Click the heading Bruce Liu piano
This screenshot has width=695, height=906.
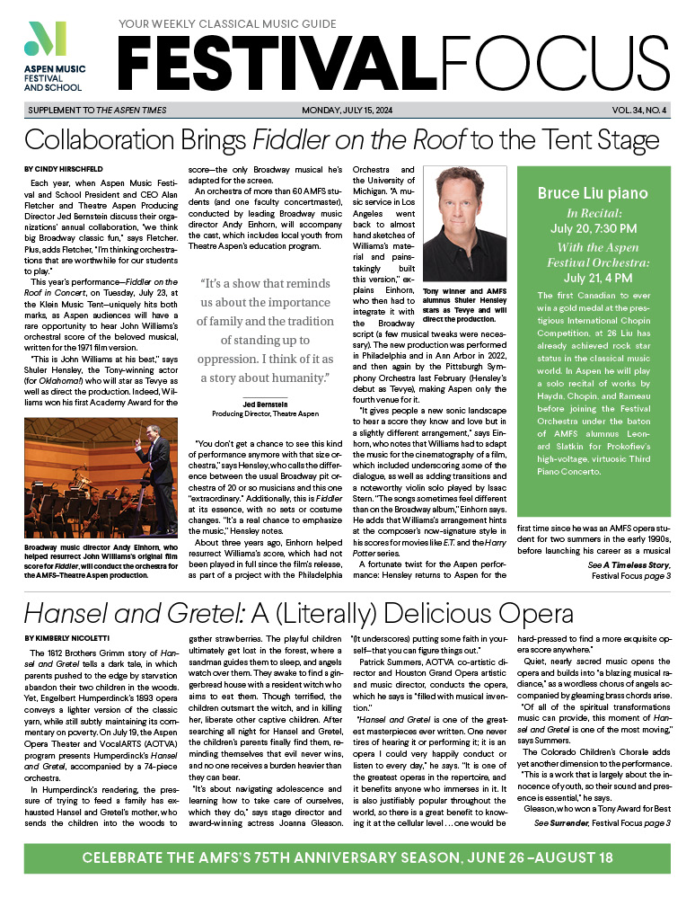click(592, 192)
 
